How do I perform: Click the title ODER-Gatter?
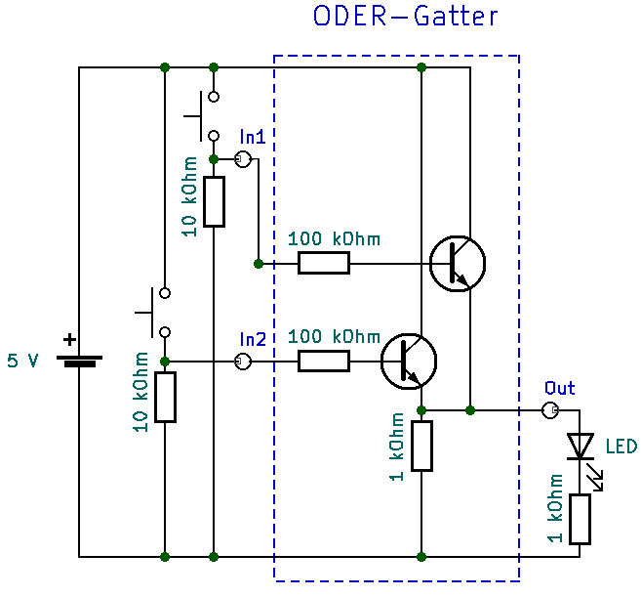tap(405, 17)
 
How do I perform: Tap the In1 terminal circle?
tap(244, 158)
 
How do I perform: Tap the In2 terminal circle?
tap(243, 362)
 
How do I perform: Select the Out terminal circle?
tap(550, 410)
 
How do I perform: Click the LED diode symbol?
tap(581, 447)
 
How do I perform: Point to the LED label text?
tap(621, 448)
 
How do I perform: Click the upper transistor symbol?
tap(457, 263)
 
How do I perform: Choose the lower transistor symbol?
tap(409, 360)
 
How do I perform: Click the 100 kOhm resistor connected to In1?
tap(323, 263)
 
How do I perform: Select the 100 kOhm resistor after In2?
tap(323, 361)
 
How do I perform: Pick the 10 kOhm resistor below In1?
tap(214, 201)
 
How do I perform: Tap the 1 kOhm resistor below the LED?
tap(581, 519)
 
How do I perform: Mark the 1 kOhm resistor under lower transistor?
tap(421, 446)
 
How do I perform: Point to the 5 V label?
tap(23, 361)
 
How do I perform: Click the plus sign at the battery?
tap(68, 340)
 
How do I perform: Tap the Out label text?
tap(559, 388)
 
